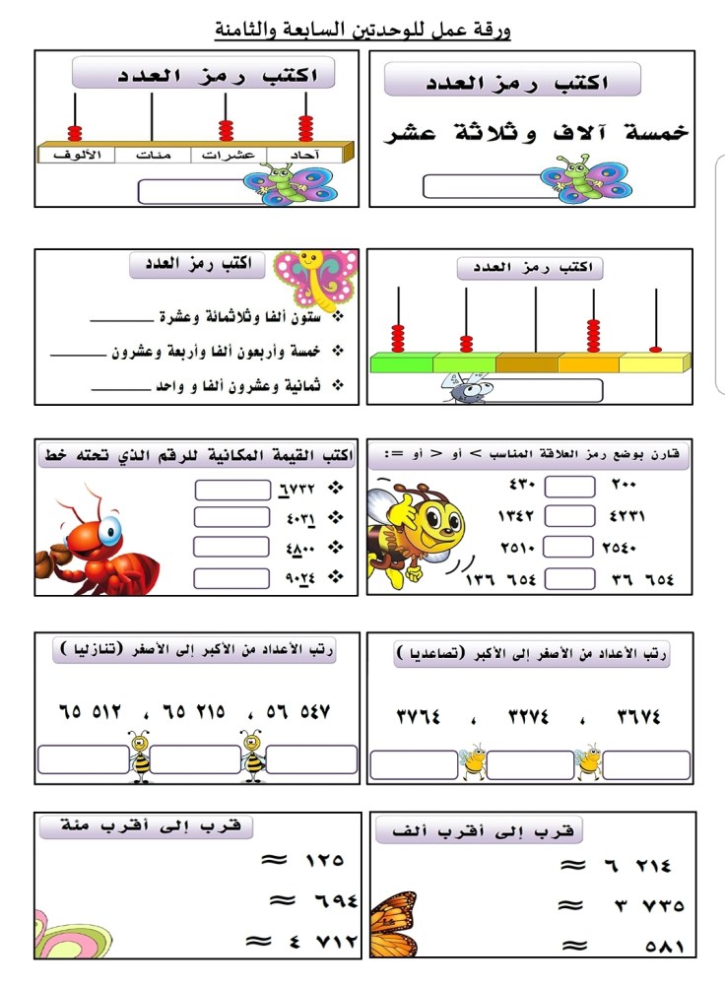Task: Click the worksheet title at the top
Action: [362, 31]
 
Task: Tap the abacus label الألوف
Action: [76, 155]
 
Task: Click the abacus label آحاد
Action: [311, 155]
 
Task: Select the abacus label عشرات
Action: [234, 155]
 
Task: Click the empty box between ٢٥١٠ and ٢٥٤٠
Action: [570, 548]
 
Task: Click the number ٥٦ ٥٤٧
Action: [295, 711]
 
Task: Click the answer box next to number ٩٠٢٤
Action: [231, 577]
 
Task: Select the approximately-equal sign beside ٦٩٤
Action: [283, 901]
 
